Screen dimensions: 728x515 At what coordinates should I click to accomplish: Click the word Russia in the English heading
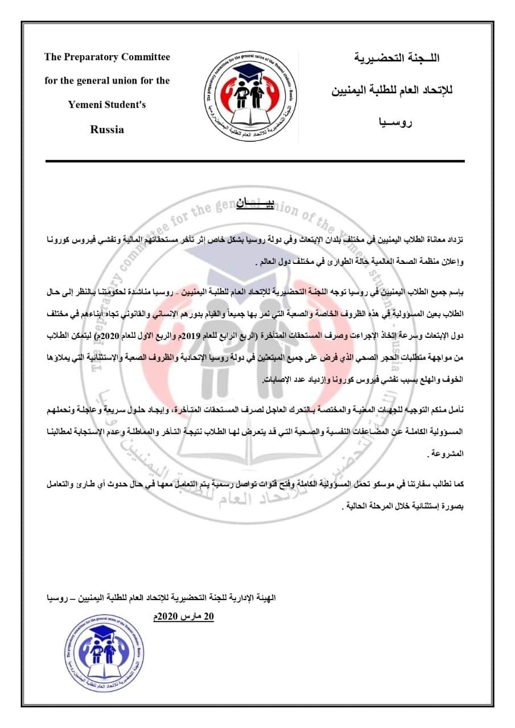pos(107,130)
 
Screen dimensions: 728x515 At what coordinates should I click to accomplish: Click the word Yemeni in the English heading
pos(86,105)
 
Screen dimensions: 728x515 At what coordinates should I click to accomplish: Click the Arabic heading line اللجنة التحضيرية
pos(397,58)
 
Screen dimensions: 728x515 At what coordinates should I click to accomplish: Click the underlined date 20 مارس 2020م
pos(184,617)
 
